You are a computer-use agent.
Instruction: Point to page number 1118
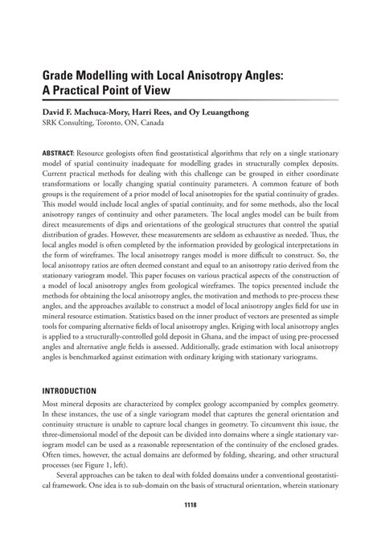click(190, 505)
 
